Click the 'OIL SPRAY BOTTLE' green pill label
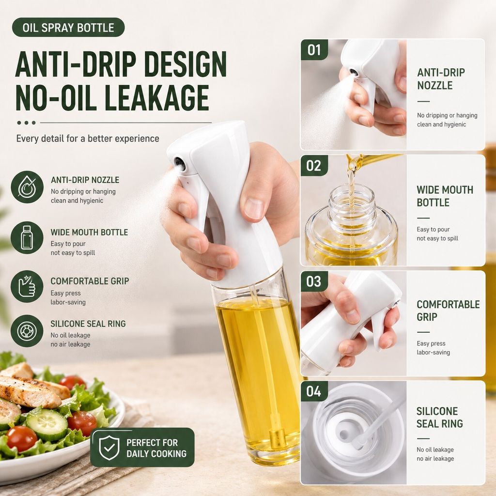coord(68,28)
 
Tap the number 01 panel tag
coord(314,50)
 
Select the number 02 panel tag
coord(314,166)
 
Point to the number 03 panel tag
coord(314,281)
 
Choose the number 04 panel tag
coord(314,391)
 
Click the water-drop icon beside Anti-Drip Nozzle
coord(27,187)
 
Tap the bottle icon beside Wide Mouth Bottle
coord(27,237)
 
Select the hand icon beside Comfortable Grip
coord(27,286)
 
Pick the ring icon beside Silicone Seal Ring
coord(27,331)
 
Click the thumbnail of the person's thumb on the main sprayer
coord(254,208)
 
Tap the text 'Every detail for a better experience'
coord(88,139)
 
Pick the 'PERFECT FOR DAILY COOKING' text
coord(156,448)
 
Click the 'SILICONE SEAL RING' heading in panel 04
coord(440,417)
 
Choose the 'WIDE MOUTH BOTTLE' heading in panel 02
coord(445,196)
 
